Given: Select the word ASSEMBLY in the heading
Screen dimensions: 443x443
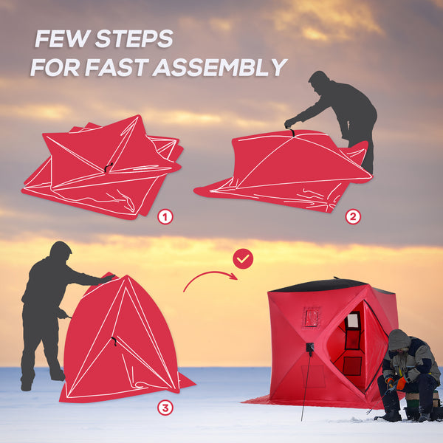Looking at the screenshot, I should (x=221, y=68).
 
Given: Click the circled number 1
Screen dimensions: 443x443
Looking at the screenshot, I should (x=165, y=216).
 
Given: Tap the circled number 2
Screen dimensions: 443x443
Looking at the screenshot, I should (x=353, y=217).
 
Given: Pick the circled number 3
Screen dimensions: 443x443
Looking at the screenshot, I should (x=165, y=407).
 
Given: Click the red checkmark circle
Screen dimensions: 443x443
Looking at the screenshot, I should (x=243, y=258).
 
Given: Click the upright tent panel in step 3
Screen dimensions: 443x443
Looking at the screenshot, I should (x=122, y=340).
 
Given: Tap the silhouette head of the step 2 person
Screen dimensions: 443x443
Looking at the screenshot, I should (x=319, y=79).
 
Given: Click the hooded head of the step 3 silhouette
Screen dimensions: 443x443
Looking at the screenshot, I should (x=61, y=251).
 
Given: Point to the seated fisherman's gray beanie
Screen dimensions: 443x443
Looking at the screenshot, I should (x=399, y=340).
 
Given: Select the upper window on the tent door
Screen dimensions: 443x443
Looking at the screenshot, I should (x=354, y=321).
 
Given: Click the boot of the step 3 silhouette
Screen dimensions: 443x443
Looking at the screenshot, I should (x=27, y=385).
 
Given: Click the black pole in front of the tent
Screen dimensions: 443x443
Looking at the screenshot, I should (x=305, y=384).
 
